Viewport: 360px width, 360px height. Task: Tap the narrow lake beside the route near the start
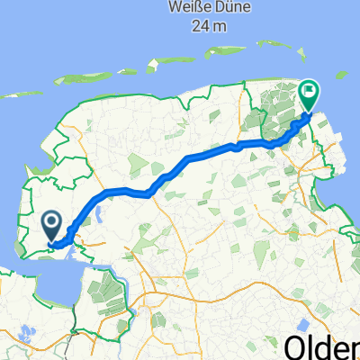point(98,216)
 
